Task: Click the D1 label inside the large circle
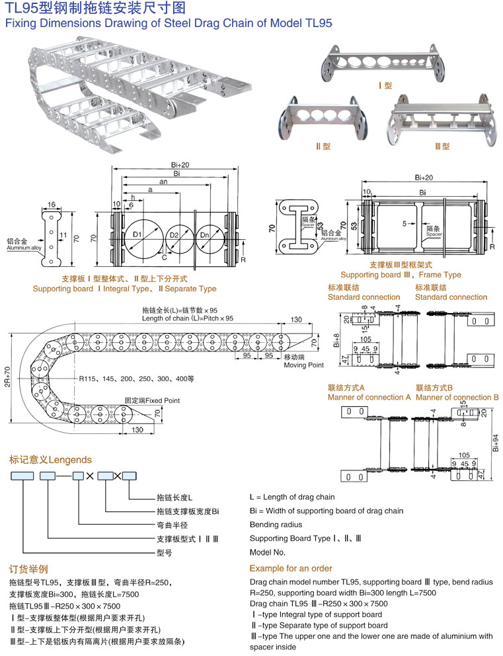point(138,235)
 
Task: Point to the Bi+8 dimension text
point(336,341)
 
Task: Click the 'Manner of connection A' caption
point(369,397)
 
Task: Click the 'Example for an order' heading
point(291,568)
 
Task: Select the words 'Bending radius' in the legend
point(274,525)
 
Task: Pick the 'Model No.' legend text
point(268,552)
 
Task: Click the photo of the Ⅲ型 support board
point(445,119)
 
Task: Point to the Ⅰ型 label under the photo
point(384,86)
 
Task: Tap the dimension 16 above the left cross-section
point(51,206)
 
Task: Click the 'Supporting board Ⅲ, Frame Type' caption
point(401,275)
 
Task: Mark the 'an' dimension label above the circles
point(163,181)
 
